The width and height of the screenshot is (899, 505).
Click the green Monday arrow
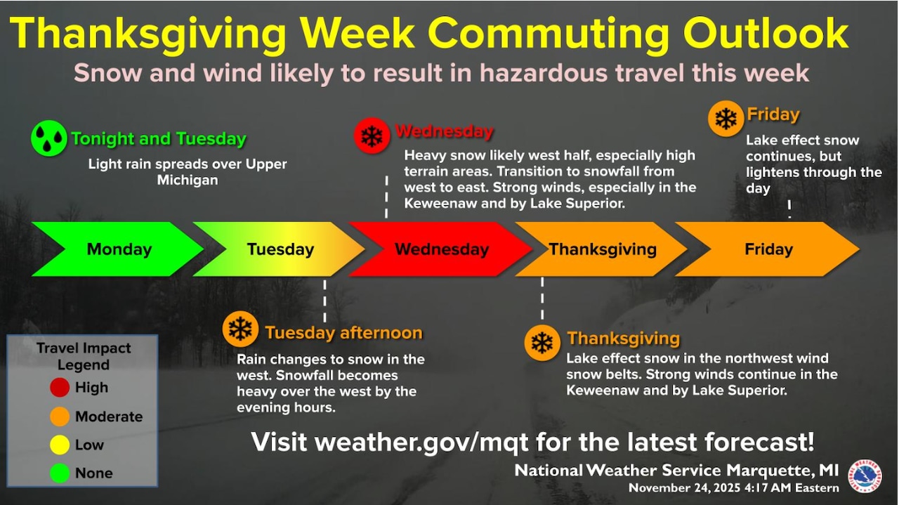118,249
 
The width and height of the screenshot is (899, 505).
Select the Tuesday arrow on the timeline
280,249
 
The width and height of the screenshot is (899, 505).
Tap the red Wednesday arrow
441,249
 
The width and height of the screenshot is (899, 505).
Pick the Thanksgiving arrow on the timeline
602,249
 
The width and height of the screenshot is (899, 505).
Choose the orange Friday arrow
768,249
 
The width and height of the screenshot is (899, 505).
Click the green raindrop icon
48,138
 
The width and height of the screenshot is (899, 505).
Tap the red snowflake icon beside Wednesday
372,135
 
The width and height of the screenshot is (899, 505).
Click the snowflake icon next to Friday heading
726,118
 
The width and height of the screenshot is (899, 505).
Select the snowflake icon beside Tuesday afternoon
240,329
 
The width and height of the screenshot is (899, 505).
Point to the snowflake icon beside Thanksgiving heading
542,343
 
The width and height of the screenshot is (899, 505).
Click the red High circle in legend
60,387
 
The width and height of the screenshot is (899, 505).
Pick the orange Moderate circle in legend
60,417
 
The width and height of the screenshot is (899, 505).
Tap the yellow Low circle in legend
60,445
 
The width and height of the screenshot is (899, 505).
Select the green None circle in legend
60,473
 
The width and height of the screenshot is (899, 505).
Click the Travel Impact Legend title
83,356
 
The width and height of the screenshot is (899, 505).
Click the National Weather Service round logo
865,476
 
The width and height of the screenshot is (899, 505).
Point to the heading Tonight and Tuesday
158,138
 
